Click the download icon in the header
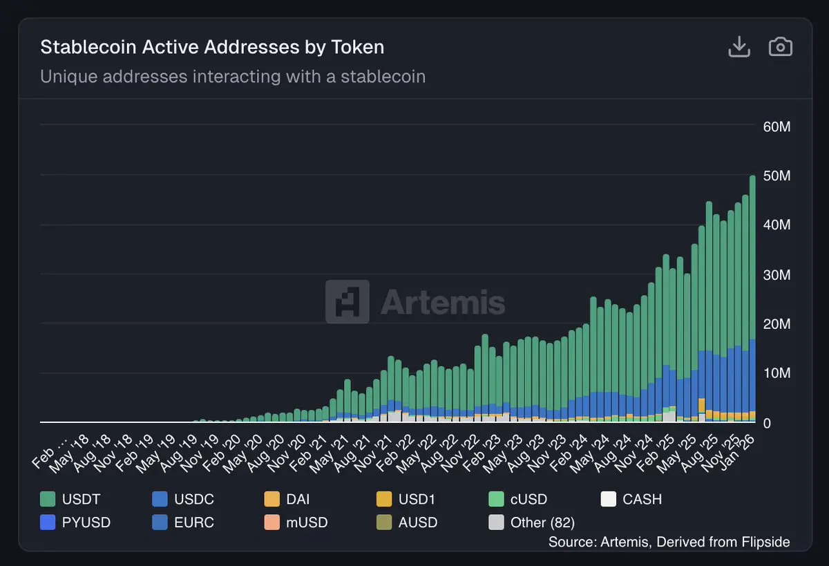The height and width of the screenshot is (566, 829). (739, 47)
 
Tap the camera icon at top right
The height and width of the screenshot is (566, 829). (780, 47)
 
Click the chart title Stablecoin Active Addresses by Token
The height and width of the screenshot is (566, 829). (212, 47)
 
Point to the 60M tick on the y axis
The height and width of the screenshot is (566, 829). (776, 127)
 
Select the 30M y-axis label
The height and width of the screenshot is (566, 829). (776, 275)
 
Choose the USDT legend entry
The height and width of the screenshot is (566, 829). (70, 499)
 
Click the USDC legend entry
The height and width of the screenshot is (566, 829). (182, 499)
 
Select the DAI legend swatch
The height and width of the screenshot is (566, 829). (271, 499)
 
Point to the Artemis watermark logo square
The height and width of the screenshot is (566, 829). (347, 302)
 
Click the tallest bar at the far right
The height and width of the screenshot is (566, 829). (752, 297)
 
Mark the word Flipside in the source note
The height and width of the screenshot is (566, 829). (765, 542)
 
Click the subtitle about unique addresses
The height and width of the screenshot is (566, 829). (233, 76)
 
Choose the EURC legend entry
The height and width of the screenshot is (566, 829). (182, 522)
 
